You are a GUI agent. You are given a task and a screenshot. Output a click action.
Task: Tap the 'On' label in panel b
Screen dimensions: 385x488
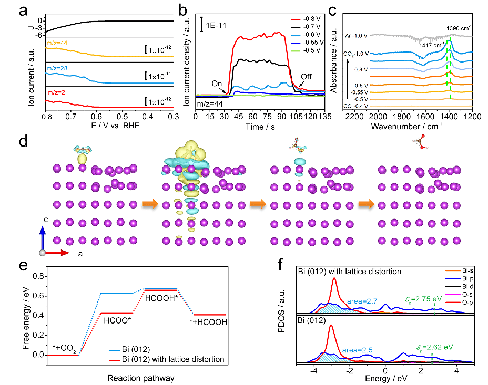point(217,84)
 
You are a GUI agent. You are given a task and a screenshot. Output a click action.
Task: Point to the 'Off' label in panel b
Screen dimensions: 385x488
point(306,76)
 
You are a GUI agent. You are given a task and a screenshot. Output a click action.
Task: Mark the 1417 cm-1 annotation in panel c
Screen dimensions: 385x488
point(431,46)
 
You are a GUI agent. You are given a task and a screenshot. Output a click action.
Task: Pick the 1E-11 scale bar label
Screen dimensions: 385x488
point(216,25)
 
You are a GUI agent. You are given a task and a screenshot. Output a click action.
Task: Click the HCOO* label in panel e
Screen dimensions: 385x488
point(117,319)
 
